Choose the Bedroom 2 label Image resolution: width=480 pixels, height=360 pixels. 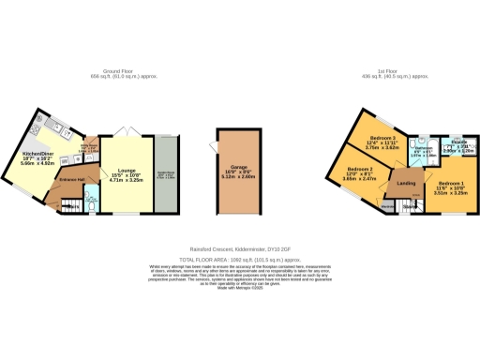360,169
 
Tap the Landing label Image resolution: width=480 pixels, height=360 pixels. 407,184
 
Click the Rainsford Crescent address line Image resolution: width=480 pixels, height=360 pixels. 239,248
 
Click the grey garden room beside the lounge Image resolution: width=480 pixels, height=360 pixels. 167,175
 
